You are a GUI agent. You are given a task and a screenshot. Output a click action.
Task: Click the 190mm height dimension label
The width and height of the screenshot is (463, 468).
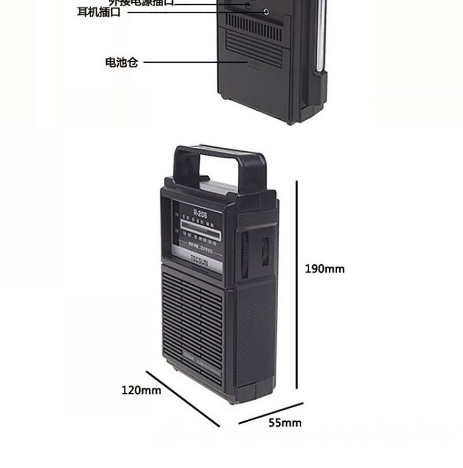pyautogui.click(x=325, y=269)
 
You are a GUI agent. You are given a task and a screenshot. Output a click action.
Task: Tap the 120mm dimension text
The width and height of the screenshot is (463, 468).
pyautogui.click(x=141, y=389)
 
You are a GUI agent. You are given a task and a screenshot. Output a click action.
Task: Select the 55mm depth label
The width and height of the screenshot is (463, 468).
pyautogui.click(x=285, y=423)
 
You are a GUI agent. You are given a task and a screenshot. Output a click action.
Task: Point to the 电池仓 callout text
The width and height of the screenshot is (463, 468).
pyautogui.click(x=122, y=62)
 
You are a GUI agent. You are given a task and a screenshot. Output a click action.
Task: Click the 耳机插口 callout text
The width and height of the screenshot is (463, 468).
pyautogui.click(x=99, y=12)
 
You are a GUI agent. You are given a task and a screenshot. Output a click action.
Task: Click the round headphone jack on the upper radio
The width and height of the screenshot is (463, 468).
pyautogui.click(x=267, y=12)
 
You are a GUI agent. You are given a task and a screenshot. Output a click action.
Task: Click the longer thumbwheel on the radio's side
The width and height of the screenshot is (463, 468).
pyautogui.click(x=245, y=255)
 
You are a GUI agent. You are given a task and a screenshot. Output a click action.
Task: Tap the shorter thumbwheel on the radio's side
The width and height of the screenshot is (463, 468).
pyautogui.click(x=265, y=252)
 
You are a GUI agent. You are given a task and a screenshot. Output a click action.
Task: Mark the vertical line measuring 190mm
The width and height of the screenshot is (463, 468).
pyautogui.click(x=297, y=285)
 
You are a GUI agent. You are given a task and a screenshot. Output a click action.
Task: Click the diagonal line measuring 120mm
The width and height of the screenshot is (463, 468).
pyautogui.click(x=182, y=398)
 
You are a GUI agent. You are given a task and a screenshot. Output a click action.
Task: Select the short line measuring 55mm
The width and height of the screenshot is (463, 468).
pyautogui.click(x=271, y=413)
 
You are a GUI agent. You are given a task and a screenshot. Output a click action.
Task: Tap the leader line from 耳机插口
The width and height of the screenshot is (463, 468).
pyautogui.click(x=192, y=12)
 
